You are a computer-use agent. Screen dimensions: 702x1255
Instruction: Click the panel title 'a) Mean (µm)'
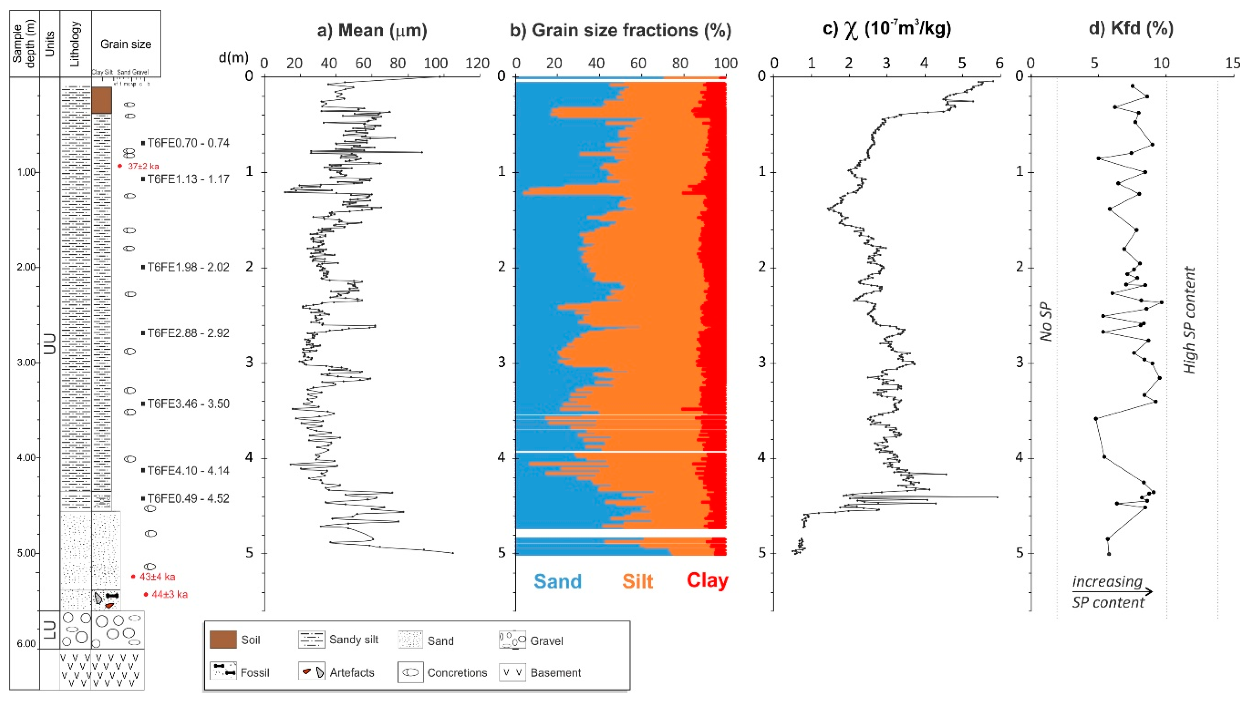[372, 30]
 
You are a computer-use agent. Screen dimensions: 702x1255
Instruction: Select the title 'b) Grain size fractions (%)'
[620, 30]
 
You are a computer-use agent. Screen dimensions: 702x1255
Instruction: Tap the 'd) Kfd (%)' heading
[1131, 28]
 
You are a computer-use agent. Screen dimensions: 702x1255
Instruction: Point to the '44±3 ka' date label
[169, 594]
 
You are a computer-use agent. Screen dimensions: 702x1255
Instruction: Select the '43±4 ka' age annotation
[157, 577]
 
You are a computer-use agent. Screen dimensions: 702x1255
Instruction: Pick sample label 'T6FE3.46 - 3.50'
[188, 403]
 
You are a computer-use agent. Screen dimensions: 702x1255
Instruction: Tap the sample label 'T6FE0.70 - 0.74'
[188, 143]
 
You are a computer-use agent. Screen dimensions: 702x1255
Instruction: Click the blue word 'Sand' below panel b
[557, 581]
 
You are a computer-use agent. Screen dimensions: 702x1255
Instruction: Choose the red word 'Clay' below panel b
[708, 580]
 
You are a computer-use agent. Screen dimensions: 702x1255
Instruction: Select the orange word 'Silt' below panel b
[637, 581]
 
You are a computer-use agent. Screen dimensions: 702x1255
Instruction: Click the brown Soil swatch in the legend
[223, 640]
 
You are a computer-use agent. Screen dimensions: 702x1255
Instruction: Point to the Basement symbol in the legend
[512, 673]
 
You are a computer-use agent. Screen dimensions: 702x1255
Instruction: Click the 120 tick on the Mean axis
[477, 63]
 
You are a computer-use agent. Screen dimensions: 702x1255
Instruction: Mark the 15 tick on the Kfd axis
[1233, 63]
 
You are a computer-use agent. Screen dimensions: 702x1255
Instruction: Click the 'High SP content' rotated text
[1190, 320]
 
